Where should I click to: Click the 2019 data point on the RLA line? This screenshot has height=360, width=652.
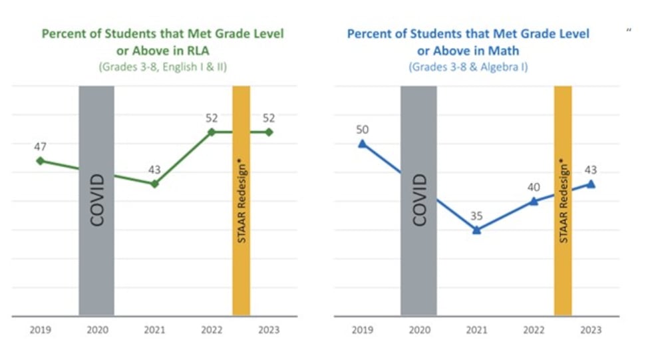point(40,160)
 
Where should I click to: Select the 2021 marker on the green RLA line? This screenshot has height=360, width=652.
point(154,184)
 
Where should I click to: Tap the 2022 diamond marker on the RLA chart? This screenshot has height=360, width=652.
point(212,132)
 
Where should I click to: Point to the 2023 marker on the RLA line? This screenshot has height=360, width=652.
point(269,132)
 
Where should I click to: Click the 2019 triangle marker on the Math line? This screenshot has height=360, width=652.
point(362,143)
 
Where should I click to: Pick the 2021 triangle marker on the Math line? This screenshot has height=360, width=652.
point(476,230)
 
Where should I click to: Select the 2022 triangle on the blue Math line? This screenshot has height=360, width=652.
point(534,201)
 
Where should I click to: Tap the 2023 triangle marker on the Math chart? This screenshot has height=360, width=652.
point(591,184)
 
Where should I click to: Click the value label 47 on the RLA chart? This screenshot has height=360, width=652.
point(40,146)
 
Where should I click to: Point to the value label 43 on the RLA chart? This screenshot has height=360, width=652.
point(154,170)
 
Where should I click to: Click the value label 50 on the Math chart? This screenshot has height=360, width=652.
point(362,129)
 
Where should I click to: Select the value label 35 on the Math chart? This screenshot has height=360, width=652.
point(476,216)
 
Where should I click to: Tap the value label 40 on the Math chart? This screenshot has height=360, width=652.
point(534,187)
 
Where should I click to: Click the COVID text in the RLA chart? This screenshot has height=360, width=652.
point(97,200)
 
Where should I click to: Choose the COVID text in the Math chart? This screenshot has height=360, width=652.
point(419,200)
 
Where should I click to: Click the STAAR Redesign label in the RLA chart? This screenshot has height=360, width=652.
point(242,200)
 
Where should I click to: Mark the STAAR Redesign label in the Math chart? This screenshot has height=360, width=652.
point(564,200)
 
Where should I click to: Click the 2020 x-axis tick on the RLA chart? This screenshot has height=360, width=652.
point(97,330)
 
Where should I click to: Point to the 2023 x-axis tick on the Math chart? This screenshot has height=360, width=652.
point(591,330)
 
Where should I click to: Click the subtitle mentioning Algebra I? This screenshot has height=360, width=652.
point(468,67)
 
